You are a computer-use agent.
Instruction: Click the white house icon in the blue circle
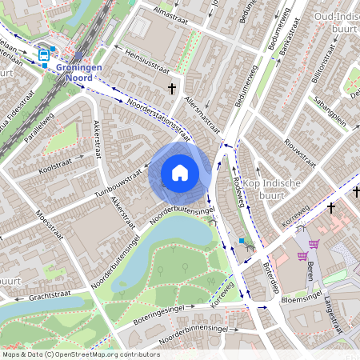pos(180,173)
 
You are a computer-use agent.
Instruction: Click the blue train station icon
pos(43,55)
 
